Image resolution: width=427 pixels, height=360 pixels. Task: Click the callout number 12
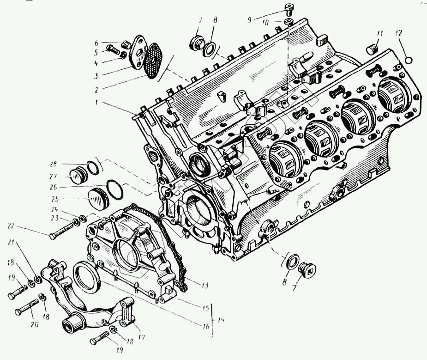(399, 33)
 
